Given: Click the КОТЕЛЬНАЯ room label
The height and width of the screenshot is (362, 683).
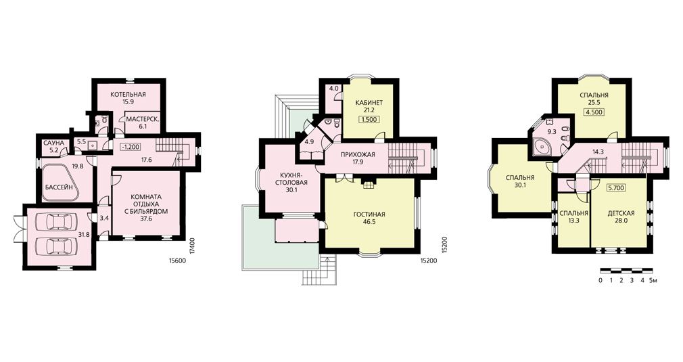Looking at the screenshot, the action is (x=128, y=95).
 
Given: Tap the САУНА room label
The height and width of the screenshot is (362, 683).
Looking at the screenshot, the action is (x=53, y=143).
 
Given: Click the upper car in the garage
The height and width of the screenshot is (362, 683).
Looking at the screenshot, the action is (x=57, y=222).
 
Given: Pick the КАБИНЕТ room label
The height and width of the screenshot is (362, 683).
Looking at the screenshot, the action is (x=369, y=102).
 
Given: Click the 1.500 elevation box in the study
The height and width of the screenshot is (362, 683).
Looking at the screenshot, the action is (x=369, y=119).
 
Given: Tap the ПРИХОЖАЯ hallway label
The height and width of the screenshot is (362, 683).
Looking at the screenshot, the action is (x=358, y=155).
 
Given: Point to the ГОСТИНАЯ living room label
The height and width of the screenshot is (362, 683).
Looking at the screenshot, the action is (x=369, y=214).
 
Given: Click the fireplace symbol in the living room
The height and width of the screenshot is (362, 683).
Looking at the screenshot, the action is (x=369, y=185).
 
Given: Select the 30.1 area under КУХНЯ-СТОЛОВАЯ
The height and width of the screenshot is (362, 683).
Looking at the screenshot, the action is (x=291, y=189).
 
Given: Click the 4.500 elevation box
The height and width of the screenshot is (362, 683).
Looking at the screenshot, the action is (x=594, y=112).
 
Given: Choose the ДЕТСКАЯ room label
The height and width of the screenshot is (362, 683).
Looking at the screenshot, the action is (x=621, y=213).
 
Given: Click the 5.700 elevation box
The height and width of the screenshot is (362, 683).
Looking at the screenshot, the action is (x=616, y=188).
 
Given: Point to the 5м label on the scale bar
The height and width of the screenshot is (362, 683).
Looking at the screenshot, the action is (x=653, y=280).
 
